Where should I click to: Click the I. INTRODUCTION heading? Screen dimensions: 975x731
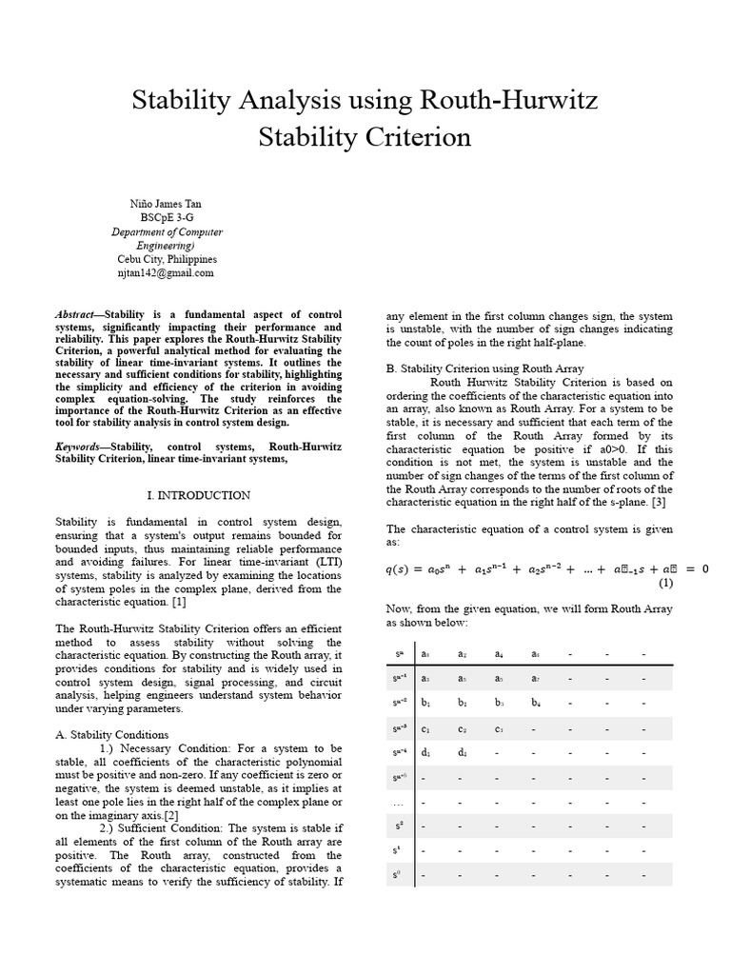[x=199, y=495]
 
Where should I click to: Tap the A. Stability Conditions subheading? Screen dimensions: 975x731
[x=112, y=735]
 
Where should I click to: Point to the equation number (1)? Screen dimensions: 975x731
[x=665, y=584]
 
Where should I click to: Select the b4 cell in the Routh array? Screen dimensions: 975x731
[x=535, y=704]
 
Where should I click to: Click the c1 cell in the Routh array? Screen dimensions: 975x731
[x=425, y=729]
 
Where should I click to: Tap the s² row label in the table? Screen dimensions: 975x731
[x=399, y=826]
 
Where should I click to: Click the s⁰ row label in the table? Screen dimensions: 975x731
[x=399, y=875]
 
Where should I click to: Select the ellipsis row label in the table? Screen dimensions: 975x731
[x=399, y=803]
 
